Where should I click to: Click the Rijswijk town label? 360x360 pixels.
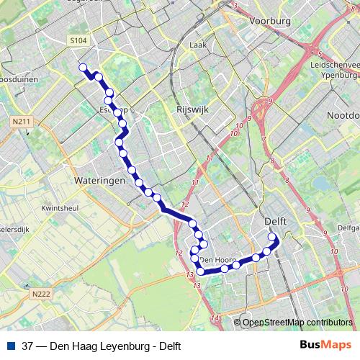tap(192, 110)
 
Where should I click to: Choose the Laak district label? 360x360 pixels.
tap(197, 45)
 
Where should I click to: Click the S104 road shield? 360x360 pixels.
tap(78, 41)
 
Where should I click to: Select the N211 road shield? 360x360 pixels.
tap(22, 122)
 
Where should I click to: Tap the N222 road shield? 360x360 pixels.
tap(41, 294)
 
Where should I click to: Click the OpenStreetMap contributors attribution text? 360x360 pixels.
tap(297, 323)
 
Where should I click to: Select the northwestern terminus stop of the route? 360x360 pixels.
tap(83, 68)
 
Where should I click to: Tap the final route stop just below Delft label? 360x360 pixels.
tap(272, 237)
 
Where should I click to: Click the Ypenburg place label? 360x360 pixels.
tap(342, 74)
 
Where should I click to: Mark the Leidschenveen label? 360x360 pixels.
tap(338, 64)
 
